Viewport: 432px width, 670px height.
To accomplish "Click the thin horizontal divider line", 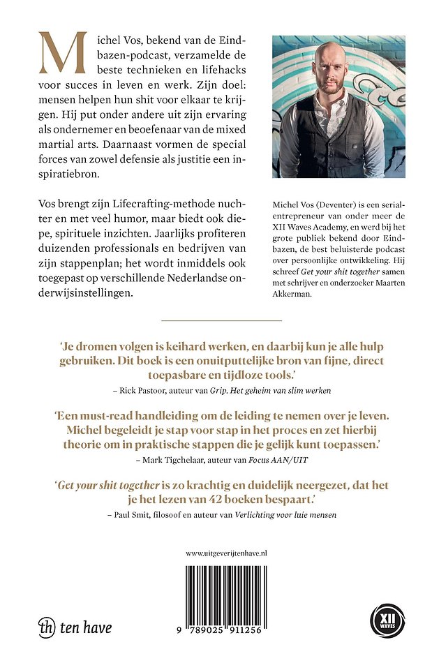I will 221,320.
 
